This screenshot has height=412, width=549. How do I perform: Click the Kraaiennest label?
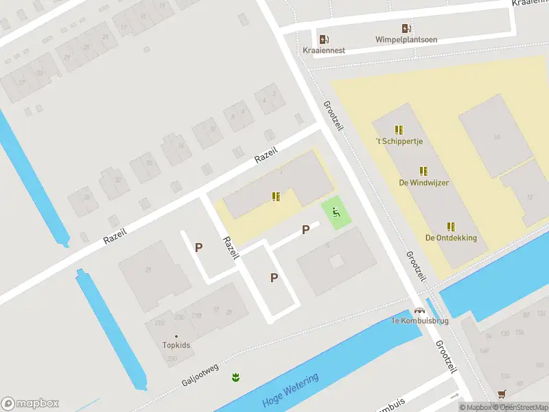[x=324, y=50]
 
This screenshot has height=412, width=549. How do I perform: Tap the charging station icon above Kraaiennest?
[x=324, y=38]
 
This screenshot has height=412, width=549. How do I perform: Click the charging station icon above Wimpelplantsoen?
[x=406, y=28]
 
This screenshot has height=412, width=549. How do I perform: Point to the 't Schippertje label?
[x=399, y=141]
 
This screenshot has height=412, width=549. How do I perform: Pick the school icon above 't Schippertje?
[x=399, y=129]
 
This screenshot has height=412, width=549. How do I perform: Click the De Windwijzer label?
[x=423, y=183]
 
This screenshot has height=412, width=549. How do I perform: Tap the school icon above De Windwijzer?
[x=423, y=171]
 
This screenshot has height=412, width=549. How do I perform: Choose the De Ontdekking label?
[x=451, y=238]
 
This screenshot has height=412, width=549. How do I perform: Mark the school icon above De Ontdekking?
[x=451, y=227]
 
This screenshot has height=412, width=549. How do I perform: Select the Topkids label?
[x=176, y=345]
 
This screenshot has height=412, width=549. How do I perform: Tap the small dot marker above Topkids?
[x=176, y=336]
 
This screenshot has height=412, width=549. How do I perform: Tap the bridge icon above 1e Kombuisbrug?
[x=419, y=310]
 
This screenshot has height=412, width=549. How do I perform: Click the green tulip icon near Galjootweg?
[x=235, y=377]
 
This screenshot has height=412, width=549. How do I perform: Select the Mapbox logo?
[x=30, y=404]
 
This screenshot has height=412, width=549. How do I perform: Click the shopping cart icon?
[x=502, y=394]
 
